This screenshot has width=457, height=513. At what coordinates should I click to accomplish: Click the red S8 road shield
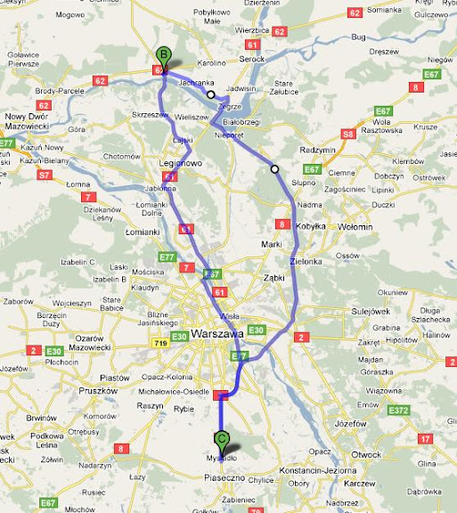tap(349, 134)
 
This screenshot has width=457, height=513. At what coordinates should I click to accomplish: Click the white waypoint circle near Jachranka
tap(211, 94)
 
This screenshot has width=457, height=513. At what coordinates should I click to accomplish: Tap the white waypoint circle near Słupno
tap(274, 168)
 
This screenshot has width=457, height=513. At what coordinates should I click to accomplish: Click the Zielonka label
tap(306, 261)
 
